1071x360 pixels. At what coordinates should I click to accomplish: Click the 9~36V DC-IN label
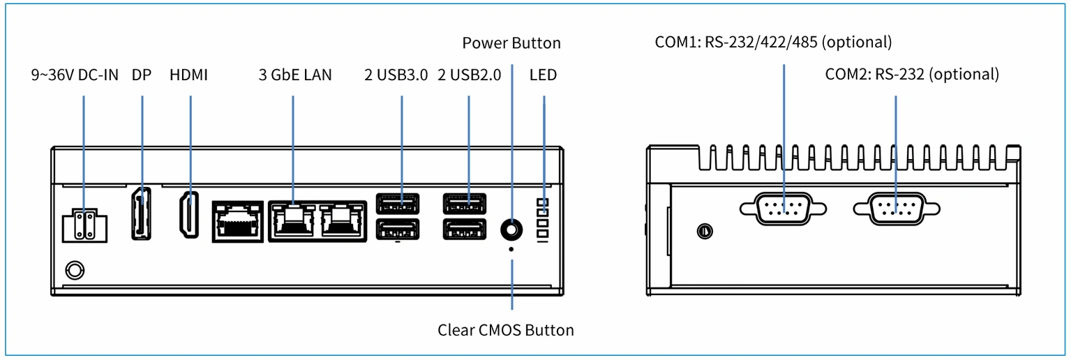click(75, 75)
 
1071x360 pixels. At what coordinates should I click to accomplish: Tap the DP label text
click(142, 75)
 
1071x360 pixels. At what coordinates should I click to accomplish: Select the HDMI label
click(189, 75)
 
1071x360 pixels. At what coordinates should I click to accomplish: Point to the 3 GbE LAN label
click(295, 75)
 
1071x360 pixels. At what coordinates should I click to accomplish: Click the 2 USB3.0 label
click(396, 75)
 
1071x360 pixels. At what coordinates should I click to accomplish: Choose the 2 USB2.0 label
click(469, 75)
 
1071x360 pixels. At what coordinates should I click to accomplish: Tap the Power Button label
click(511, 43)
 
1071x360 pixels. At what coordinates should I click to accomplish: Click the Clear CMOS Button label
click(505, 331)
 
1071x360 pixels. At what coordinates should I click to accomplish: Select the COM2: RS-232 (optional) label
click(912, 75)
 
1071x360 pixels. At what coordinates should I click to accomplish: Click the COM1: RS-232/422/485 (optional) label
click(773, 42)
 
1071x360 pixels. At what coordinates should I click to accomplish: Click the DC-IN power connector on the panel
click(84, 225)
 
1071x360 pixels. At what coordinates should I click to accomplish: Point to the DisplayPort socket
click(142, 213)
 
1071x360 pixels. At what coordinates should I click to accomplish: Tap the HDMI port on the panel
click(189, 215)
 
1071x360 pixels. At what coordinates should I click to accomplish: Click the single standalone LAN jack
click(238, 221)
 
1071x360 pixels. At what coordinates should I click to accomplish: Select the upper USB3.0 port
click(397, 203)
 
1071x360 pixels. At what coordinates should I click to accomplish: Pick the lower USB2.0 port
click(465, 229)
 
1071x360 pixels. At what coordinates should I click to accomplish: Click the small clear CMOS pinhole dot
click(511, 249)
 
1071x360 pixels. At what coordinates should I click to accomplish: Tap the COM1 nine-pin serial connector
click(783, 209)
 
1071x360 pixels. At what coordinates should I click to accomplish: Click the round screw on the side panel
click(705, 232)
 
